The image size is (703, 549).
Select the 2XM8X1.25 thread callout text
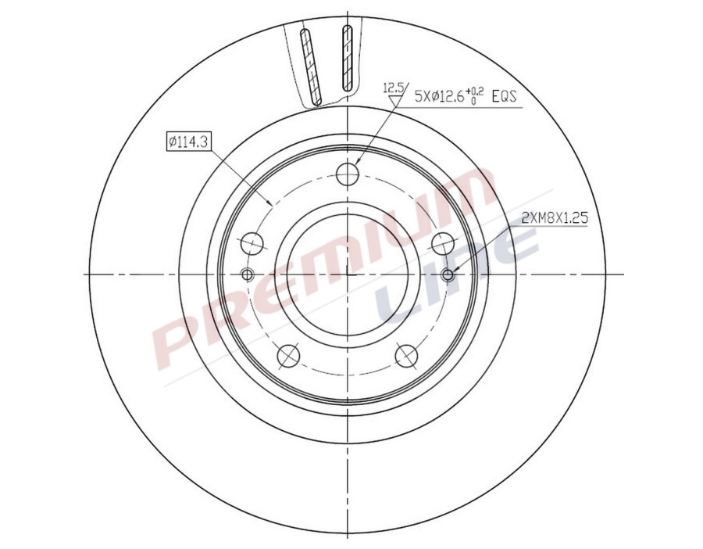point(554,219)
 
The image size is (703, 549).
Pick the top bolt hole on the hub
point(346,174)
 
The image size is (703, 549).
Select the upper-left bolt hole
point(252,244)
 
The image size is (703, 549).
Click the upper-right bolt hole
point(442,244)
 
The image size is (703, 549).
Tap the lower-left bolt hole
point(288,355)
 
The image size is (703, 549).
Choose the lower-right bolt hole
point(405,355)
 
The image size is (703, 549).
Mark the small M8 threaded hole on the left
point(248,274)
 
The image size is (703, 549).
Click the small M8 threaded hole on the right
point(448,274)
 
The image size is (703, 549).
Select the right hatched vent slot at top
point(348,56)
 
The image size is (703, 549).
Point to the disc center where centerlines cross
point(346,274)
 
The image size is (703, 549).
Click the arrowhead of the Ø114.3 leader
point(270,204)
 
